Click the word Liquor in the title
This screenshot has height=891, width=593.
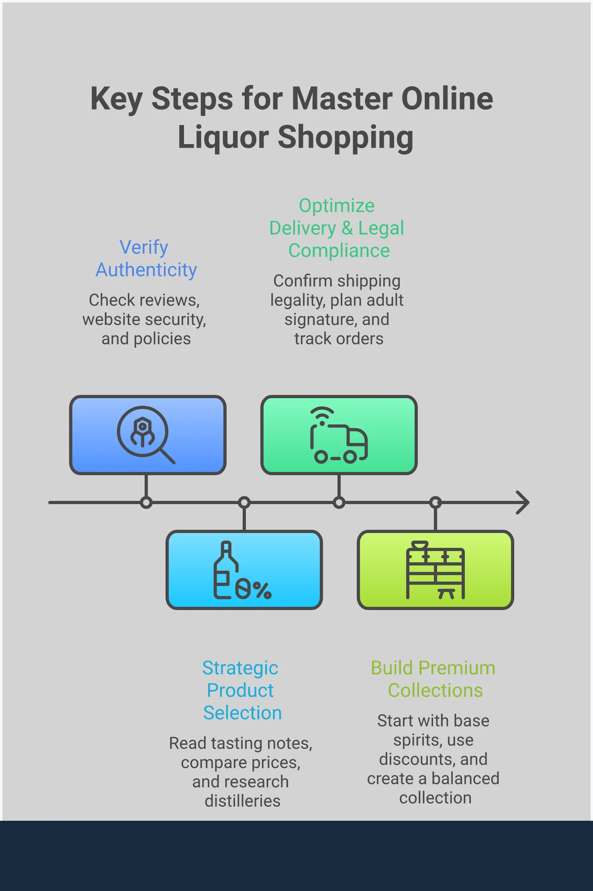(x=223, y=137)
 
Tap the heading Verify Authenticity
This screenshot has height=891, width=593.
(x=146, y=258)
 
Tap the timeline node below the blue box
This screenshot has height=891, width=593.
(x=146, y=502)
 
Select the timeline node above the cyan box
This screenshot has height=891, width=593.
(x=244, y=502)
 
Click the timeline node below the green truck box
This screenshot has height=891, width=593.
(x=339, y=502)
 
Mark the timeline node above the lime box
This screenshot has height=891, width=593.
(x=436, y=502)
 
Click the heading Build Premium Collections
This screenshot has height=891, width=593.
(x=433, y=679)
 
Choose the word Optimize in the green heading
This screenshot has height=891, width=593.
(x=337, y=206)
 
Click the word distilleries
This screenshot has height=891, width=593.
(x=242, y=801)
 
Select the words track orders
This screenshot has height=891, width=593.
(x=339, y=339)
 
